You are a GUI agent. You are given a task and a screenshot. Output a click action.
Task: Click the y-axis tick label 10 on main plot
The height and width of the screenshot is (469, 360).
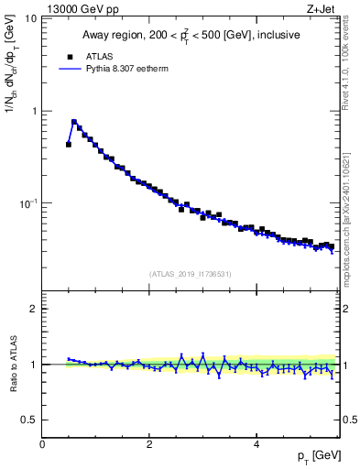coord(30,19)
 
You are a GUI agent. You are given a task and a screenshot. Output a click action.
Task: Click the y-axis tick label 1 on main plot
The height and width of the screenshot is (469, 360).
coord(33,111)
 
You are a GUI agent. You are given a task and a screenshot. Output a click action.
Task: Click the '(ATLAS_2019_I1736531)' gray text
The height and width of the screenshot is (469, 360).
coord(191,274)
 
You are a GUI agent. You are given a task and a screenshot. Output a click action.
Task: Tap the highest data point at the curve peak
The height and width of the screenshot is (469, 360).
coord(74,122)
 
